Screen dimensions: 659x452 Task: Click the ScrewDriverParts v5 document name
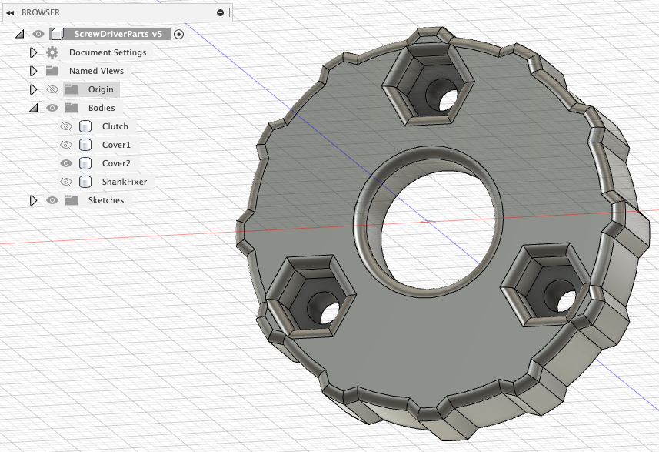coord(118,34)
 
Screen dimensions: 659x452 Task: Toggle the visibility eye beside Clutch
coord(66,126)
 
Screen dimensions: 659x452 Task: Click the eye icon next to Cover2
coord(66,163)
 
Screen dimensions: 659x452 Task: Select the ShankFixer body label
coord(125,182)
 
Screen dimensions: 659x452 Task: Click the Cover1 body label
coord(116,145)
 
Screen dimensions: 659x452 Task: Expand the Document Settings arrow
coord(33,52)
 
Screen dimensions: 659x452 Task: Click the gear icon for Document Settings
coord(52,52)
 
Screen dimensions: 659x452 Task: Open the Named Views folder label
coord(96,71)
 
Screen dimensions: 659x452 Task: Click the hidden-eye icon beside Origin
coord(52,89)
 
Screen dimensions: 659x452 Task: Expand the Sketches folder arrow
coord(33,200)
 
